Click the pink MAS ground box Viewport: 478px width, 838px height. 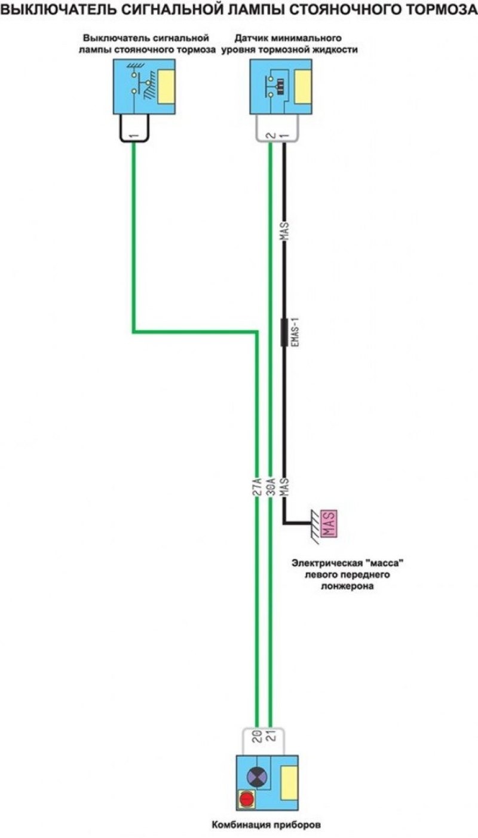329,524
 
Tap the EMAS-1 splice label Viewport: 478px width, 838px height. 296,332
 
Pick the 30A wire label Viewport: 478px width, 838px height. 272,487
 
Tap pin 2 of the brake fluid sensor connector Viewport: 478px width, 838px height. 272,136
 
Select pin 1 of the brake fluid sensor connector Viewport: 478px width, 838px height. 286,136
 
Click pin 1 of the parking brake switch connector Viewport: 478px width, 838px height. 134,136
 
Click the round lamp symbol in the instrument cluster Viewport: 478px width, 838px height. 257,776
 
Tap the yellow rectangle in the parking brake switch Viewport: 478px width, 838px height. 167,87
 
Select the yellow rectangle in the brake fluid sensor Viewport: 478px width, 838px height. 303,87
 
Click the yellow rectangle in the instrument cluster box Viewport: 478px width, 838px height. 290,781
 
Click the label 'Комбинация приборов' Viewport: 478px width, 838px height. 266,824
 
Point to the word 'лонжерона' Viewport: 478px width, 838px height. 348,586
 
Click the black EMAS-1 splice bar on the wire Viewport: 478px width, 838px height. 284,332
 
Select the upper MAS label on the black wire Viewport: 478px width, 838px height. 284,231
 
